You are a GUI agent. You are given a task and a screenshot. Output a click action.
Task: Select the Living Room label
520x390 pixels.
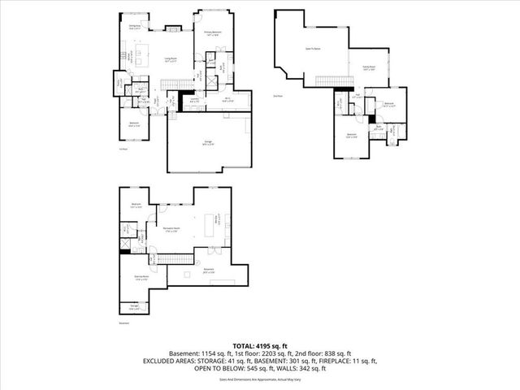172,59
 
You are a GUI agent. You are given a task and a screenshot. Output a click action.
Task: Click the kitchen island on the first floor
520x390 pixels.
145,58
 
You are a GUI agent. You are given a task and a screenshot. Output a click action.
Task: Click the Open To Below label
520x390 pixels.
312,48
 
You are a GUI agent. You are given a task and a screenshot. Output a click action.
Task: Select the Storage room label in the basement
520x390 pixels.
132,307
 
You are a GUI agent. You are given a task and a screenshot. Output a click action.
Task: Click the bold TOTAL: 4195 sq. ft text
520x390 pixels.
259,345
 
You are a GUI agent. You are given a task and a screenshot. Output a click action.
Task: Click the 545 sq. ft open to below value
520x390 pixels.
243,368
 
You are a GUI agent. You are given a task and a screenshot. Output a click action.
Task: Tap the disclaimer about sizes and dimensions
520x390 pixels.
260,379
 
